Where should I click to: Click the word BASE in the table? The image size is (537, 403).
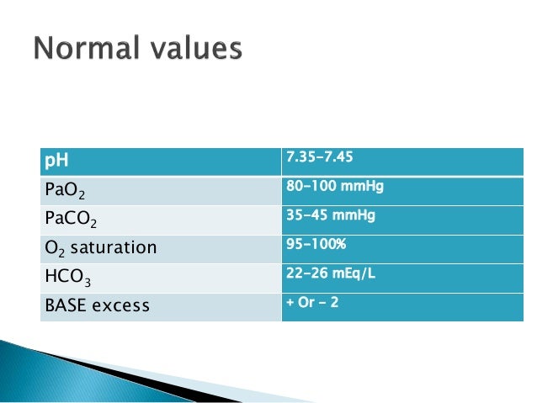(x=66, y=305)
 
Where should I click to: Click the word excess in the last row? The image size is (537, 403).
(x=122, y=305)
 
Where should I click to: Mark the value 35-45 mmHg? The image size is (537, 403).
(x=331, y=215)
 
